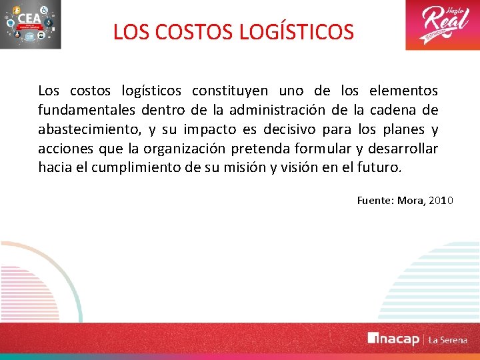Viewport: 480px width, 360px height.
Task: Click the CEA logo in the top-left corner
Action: pos(31,25)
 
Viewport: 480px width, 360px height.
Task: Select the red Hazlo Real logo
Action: pos(441,25)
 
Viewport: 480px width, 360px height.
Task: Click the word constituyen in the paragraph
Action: pos(230,91)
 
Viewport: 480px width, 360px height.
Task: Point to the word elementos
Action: pos(403,91)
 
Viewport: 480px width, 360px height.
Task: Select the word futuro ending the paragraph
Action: pos(381,167)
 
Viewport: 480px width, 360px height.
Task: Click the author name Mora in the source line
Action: pos(411,200)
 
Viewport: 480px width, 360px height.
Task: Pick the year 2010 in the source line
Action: pos(441,200)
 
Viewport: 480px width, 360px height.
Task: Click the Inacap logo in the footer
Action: pos(393,339)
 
